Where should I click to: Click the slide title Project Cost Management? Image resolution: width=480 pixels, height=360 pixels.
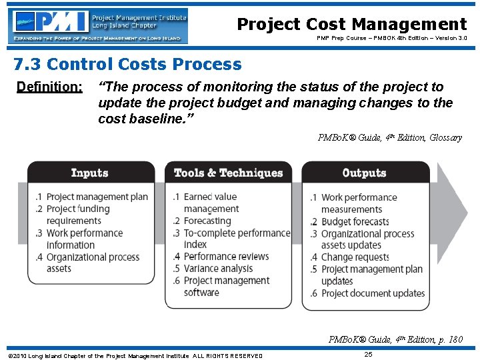[x=352, y=25]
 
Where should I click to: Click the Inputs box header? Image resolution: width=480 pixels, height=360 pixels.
[x=89, y=173]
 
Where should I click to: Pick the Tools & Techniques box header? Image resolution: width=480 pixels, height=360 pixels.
[x=228, y=173]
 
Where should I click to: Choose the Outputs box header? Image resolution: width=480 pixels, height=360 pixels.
[x=364, y=173]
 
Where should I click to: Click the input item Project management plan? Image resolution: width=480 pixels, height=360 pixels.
[x=97, y=197]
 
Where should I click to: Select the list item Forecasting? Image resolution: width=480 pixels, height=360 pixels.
[x=207, y=221]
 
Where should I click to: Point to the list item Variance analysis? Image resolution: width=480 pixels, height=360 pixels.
[x=218, y=269]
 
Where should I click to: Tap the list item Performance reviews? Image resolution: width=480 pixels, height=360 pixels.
[x=226, y=257]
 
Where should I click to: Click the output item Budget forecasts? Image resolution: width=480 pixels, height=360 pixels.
[x=355, y=221]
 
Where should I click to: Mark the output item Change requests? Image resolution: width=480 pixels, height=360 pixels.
[x=355, y=257]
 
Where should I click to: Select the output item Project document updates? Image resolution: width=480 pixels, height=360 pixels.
[x=373, y=293]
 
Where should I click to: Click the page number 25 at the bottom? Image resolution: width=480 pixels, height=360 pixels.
[x=369, y=354]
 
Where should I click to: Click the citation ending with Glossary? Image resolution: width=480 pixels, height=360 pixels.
[x=389, y=138]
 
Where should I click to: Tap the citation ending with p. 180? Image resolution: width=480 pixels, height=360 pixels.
[x=395, y=339]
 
